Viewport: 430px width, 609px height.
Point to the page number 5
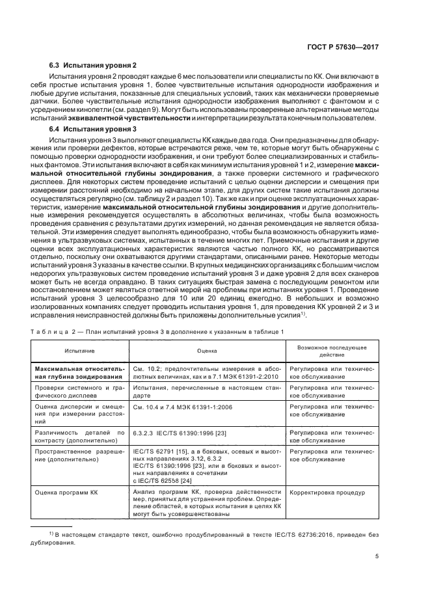pos(377,556)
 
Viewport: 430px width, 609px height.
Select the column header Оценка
pos(207,349)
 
